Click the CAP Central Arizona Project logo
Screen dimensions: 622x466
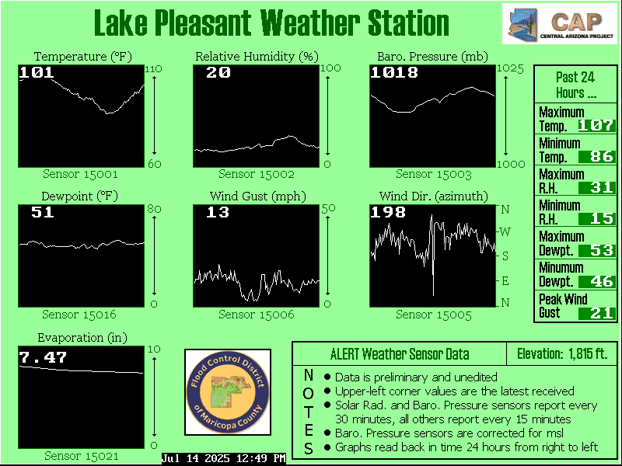561,24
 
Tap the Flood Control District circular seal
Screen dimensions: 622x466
228,392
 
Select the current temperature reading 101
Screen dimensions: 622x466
36,72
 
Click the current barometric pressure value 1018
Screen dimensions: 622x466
394,72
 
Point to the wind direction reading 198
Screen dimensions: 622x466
388,212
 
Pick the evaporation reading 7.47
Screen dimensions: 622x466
43,358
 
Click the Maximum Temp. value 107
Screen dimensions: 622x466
596,126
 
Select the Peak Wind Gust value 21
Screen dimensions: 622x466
602,313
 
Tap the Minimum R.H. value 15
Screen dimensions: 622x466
602,219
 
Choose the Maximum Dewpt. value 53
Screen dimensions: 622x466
602,250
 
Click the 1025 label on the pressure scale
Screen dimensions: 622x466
511,69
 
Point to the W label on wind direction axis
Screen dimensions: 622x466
505,231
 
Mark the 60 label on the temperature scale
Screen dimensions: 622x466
154,164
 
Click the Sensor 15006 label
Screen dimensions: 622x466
257,315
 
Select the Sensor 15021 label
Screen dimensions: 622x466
82,456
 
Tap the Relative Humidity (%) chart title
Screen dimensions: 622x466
257,57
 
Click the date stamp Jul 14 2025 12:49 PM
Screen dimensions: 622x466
224,458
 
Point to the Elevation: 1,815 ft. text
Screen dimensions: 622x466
562,353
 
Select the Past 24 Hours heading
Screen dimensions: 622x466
575,85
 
